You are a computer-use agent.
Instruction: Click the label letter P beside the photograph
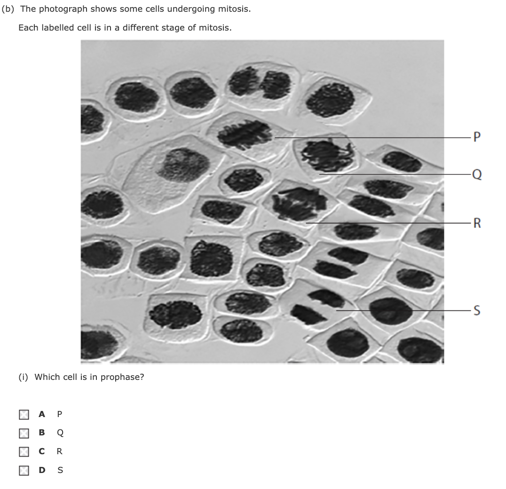pos(477,137)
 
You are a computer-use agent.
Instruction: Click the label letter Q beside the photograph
pos(477,174)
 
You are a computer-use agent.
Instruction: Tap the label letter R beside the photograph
pos(477,223)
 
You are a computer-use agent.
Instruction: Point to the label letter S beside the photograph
pos(477,310)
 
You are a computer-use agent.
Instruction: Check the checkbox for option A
pos(24,415)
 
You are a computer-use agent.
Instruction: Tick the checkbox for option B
pos(24,433)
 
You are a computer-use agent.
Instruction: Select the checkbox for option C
pos(24,451)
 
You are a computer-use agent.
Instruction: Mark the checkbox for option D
pos(24,470)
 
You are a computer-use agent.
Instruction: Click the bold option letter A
pos(42,414)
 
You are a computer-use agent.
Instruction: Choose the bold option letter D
pos(42,470)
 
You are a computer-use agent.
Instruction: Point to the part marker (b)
pos(8,9)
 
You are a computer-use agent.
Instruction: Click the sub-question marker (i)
pos(23,377)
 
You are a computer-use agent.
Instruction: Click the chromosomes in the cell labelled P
pos(245,134)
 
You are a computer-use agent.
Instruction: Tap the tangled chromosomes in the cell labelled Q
pos(326,156)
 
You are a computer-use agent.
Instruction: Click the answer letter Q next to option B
pos(60,433)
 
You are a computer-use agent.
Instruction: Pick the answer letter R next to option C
pos(59,451)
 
